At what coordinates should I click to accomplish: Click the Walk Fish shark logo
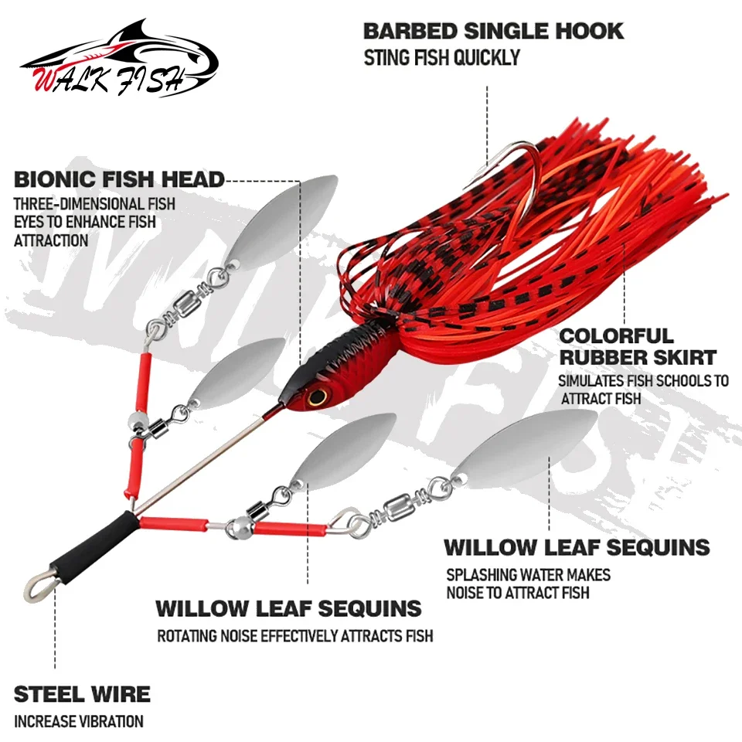118,60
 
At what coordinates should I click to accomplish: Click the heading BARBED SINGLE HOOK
493,31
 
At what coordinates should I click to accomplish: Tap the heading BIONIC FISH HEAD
119,179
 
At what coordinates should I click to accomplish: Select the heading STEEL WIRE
83,694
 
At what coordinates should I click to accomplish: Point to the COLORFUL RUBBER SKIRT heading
638,347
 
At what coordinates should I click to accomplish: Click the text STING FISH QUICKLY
442,58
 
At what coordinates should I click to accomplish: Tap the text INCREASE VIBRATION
79,722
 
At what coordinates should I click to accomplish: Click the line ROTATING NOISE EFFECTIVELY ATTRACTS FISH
294,636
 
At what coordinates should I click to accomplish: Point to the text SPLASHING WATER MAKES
528,574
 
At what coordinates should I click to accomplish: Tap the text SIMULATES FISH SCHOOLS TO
643,380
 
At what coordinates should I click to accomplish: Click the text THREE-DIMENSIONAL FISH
94,204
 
